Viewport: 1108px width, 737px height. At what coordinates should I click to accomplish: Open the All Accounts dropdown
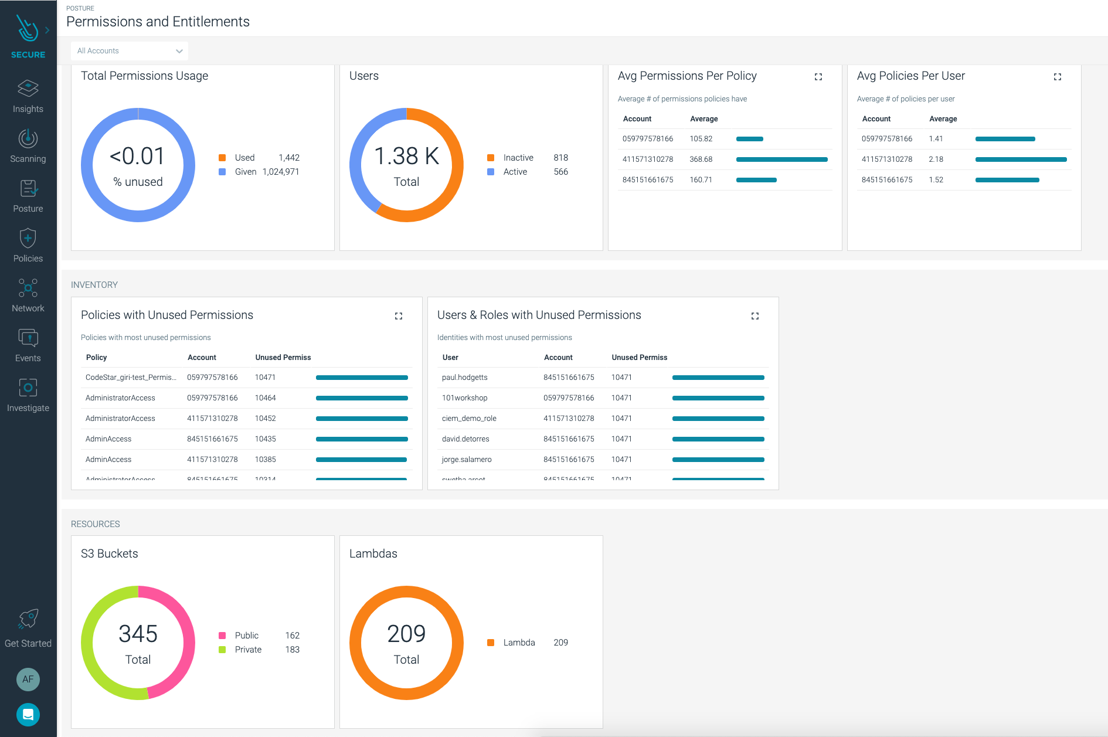pos(129,51)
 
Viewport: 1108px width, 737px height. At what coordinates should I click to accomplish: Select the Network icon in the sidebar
pos(28,288)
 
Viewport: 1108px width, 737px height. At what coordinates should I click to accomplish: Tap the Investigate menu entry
pos(28,395)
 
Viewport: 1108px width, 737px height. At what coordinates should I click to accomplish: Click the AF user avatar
pos(28,680)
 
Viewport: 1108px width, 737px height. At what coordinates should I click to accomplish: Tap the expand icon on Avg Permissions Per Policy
pos(818,77)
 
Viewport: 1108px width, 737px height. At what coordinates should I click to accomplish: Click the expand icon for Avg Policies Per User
pos(1058,77)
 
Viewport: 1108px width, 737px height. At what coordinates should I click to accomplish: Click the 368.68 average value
pos(701,159)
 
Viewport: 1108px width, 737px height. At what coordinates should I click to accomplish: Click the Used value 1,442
pos(289,158)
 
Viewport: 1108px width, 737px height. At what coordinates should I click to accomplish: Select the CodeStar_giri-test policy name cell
pos(131,378)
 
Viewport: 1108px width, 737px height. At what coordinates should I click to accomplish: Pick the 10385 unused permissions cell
pos(266,460)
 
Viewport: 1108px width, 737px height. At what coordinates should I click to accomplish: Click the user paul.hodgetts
pos(465,378)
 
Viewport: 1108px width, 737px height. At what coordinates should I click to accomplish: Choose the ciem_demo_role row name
pos(469,419)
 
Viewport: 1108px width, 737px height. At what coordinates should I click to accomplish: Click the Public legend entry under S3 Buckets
pos(246,636)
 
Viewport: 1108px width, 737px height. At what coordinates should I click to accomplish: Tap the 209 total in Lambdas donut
pos(406,634)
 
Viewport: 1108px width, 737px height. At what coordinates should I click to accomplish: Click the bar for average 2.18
pos(1021,159)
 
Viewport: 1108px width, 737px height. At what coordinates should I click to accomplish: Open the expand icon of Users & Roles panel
pos(755,316)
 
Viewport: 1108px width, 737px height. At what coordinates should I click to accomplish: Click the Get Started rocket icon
pos(28,619)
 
